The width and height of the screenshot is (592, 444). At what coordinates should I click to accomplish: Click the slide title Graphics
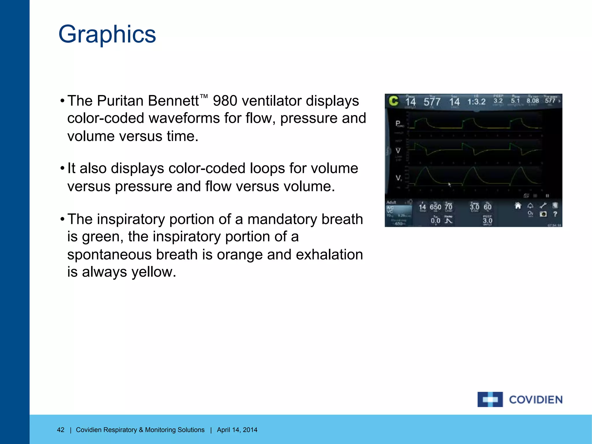(107, 34)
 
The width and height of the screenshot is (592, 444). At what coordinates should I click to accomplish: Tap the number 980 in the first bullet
(225, 101)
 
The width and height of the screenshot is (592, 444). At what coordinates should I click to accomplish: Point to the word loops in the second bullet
(267, 168)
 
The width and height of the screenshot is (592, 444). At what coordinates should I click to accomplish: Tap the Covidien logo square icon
(490, 399)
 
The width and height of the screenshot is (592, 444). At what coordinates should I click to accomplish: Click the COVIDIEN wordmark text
(536, 400)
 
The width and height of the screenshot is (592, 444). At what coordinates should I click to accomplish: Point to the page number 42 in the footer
(61, 430)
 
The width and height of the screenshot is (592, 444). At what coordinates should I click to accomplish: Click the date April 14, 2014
(237, 430)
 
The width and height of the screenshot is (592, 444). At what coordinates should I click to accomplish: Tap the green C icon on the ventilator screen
(393, 101)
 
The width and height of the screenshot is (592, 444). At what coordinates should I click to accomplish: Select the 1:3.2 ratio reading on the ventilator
(476, 101)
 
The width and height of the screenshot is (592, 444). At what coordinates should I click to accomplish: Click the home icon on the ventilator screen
(518, 206)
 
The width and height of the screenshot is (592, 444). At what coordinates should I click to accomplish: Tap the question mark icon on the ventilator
(555, 214)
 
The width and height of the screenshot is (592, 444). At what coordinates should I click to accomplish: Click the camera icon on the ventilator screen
(543, 214)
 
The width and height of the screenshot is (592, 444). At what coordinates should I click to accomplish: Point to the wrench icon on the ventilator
(543, 206)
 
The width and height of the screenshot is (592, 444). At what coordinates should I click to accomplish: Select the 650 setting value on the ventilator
(435, 207)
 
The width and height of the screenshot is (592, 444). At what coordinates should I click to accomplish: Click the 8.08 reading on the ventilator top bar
(532, 101)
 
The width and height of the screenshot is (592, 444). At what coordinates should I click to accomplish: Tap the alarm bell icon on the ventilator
(530, 206)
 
